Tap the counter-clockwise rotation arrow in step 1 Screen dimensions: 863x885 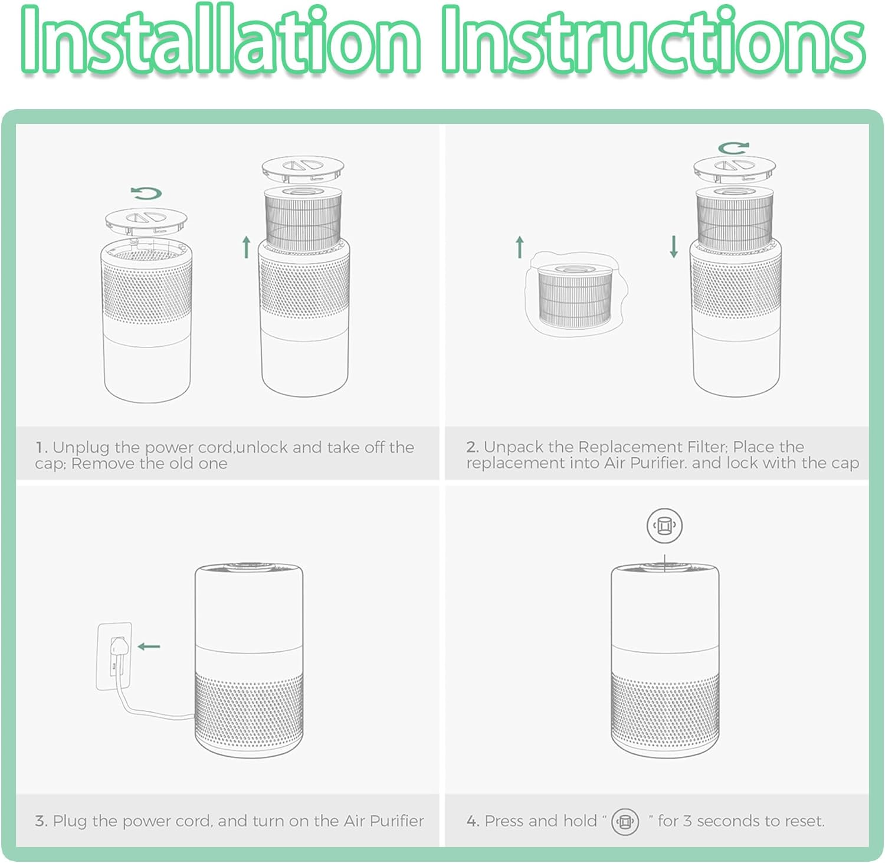[146, 193]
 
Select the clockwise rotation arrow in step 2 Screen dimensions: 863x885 [734, 147]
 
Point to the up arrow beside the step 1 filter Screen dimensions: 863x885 [247, 247]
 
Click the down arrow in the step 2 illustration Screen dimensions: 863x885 [674, 247]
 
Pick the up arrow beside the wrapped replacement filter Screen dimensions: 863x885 [519, 247]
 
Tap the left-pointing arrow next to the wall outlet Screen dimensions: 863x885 [149, 647]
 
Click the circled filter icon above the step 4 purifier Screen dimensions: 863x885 [665, 525]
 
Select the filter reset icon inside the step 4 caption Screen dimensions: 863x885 [625, 821]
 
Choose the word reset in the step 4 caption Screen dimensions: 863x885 [804, 821]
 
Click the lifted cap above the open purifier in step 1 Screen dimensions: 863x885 [146, 219]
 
